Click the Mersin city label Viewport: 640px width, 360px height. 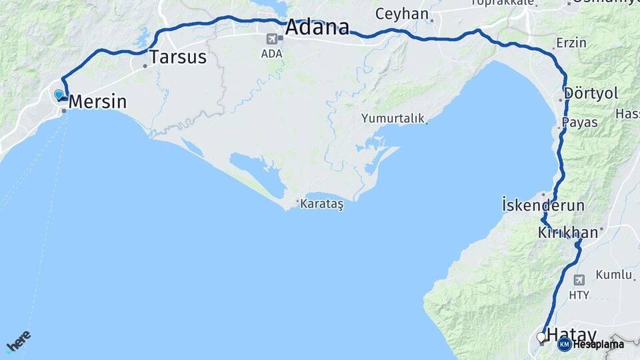tap(97, 102)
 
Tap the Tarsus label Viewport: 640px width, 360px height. tap(178, 57)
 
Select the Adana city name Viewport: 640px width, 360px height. tap(317, 27)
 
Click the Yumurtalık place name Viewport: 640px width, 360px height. tap(393, 118)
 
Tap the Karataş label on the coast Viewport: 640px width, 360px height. tap(321, 204)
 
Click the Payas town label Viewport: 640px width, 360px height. tap(579, 123)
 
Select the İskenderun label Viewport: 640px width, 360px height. tap(543, 205)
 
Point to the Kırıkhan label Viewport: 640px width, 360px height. tap(567, 233)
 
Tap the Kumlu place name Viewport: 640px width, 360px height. tap(613, 274)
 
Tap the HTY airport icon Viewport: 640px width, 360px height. tap(579, 279)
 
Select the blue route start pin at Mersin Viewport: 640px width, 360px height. tap(59, 95)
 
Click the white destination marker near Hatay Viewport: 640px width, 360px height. tap(541, 337)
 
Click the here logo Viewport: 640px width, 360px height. tap(18, 341)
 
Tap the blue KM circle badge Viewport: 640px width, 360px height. tap(564, 344)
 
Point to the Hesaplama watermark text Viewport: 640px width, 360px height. tap(598, 345)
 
